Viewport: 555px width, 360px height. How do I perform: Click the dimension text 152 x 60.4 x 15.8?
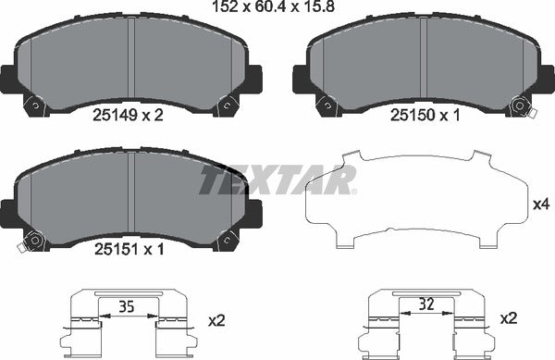coord(277,10)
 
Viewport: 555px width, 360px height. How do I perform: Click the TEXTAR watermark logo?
coord(277,180)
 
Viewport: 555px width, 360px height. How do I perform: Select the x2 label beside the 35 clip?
coord(217,320)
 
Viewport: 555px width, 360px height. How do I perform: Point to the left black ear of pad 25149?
coord(7,78)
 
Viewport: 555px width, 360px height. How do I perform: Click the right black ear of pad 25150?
coord(547,78)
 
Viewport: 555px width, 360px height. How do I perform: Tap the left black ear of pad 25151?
coord(7,213)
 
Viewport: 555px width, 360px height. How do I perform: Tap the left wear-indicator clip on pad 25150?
coord(326,106)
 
